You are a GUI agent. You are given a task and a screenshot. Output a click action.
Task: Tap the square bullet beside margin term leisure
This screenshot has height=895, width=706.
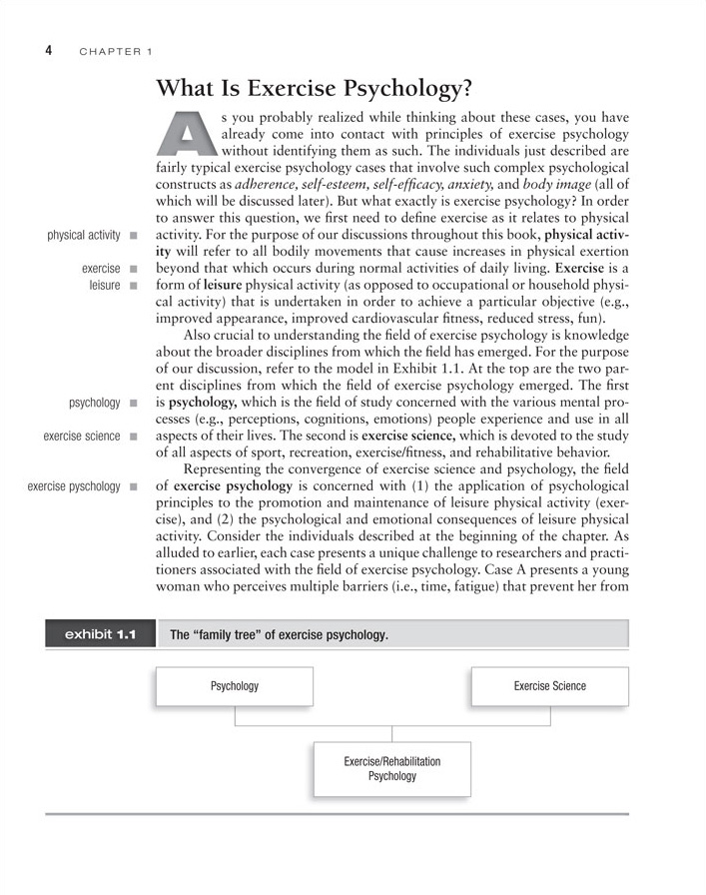131,285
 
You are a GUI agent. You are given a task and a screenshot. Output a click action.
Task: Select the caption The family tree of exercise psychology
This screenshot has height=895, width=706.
280,635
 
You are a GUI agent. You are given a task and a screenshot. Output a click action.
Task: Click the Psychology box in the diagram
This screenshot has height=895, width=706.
235,686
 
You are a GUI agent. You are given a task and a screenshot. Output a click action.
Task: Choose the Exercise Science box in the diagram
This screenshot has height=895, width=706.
549,686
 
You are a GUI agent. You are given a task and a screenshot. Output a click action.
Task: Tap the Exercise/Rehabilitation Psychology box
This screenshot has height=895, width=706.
392,768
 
